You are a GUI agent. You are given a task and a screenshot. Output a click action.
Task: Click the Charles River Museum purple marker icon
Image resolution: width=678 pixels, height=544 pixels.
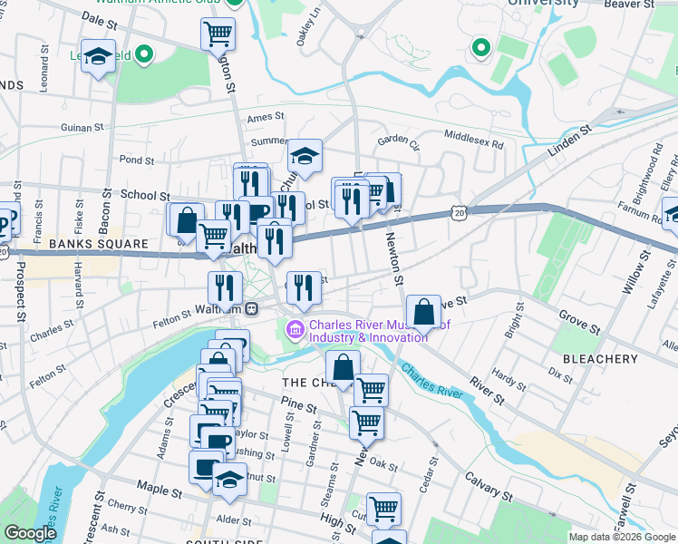[295, 328]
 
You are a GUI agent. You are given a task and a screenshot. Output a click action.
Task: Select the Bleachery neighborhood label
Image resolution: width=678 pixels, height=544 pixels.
[600, 359]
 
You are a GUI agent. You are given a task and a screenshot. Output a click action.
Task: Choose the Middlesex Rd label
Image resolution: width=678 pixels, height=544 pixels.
[473, 138]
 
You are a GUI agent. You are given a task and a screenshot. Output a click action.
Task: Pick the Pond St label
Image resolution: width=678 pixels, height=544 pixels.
[137, 160]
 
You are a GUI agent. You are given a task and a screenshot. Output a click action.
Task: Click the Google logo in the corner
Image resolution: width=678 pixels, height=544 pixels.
[30, 534]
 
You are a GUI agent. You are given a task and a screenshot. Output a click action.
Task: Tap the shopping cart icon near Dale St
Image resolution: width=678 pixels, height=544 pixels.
[218, 34]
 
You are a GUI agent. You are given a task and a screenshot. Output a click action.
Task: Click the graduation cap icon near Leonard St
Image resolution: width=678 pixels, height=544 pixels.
[98, 55]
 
